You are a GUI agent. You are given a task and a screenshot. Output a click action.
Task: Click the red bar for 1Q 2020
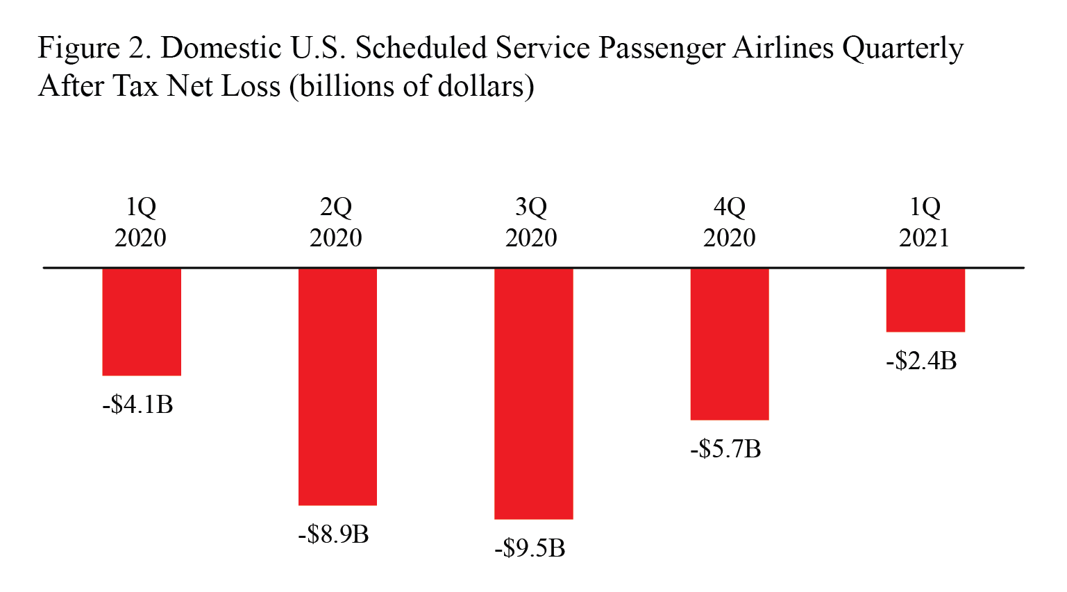tap(142, 321)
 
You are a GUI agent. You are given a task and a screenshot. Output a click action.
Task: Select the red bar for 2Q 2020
tap(337, 387)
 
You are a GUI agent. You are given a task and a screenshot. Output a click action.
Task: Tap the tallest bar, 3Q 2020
tap(533, 394)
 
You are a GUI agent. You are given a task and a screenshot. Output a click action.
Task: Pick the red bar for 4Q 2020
tap(729, 344)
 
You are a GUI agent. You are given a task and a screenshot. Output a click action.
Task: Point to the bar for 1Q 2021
tap(925, 300)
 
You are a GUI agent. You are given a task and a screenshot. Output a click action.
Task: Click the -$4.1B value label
tap(137, 405)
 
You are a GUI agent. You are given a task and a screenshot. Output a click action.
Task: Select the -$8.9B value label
tap(333, 534)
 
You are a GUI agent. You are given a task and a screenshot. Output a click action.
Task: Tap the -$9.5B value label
tap(530, 549)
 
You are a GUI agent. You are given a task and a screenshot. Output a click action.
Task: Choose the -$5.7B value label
tap(725, 450)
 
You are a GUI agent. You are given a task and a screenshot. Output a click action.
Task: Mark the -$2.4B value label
tap(921, 361)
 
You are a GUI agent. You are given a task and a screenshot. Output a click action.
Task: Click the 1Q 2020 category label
tap(141, 222)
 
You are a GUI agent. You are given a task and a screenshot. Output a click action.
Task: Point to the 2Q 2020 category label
tap(336, 222)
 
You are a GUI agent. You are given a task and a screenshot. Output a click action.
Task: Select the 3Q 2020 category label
tap(531, 222)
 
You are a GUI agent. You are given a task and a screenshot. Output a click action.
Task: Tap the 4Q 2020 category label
tap(729, 222)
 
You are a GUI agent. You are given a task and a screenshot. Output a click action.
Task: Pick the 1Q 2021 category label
tap(925, 222)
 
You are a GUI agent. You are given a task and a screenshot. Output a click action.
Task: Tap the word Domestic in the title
tap(221, 48)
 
